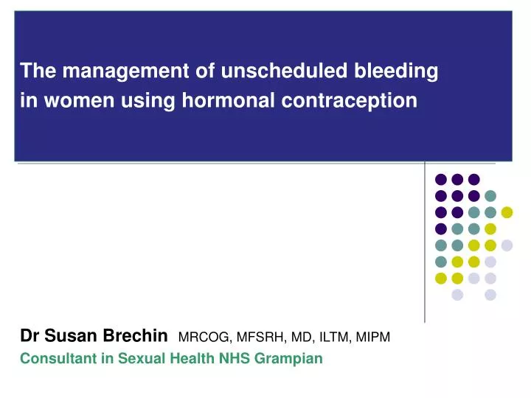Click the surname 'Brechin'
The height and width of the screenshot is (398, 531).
(x=139, y=337)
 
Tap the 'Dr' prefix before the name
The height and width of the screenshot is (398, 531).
(x=29, y=337)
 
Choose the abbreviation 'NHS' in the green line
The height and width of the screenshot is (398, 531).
(x=241, y=359)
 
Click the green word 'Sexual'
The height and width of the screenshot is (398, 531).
(x=134, y=359)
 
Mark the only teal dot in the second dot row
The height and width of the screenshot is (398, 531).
(x=490, y=195)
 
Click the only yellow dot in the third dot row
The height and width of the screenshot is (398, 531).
(x=507, y=212)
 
